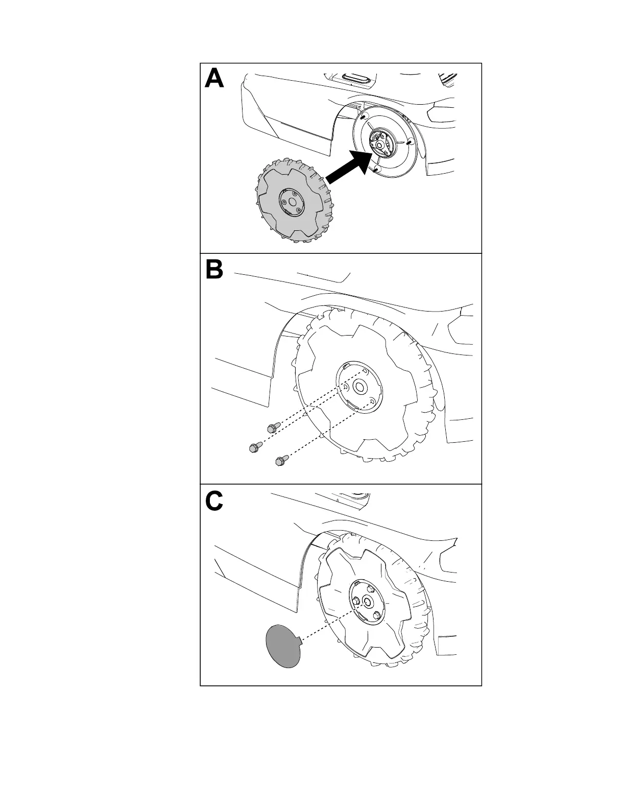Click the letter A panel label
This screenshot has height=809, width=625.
tap(214, 80)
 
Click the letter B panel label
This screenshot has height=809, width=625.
tap(214, 270)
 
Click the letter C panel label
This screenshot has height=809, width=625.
tap(214, 502)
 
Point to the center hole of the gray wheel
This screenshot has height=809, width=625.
tap(292, 202)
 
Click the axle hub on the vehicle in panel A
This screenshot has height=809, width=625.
tap(380, 144)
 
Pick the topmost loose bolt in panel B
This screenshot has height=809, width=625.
tap(273, 427)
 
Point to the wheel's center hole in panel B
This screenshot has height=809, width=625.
tap(359, 387)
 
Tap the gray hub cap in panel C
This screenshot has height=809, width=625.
tap(283, 645)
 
